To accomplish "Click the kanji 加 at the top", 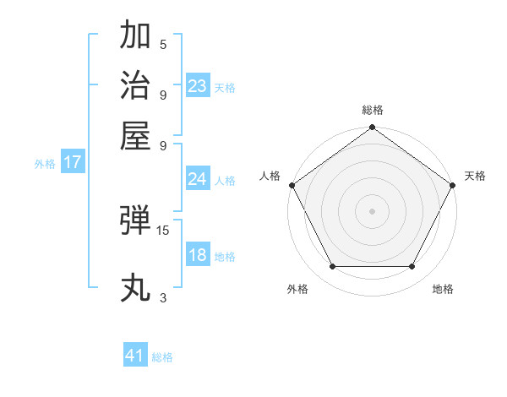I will (x=136, y=36).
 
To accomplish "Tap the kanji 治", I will (x=136, y=85).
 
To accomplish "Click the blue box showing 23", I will (x=198, y=86).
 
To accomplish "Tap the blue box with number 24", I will (x=198, y=179).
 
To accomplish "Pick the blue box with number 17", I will (x=73, y=162).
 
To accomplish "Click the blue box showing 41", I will (x=135, y=356).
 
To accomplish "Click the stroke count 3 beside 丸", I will (x=163, y=297).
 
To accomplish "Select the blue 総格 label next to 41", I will (x=162, y=357).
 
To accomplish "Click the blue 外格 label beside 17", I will (x=45, y=164).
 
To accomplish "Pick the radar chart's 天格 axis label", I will (x=475, y=176).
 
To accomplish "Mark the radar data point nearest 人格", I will (x=292, y=185).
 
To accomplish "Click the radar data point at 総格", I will (x=372, y=128).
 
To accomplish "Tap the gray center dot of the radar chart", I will (x=372, y=210).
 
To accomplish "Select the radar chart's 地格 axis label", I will (x=443, y=290).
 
